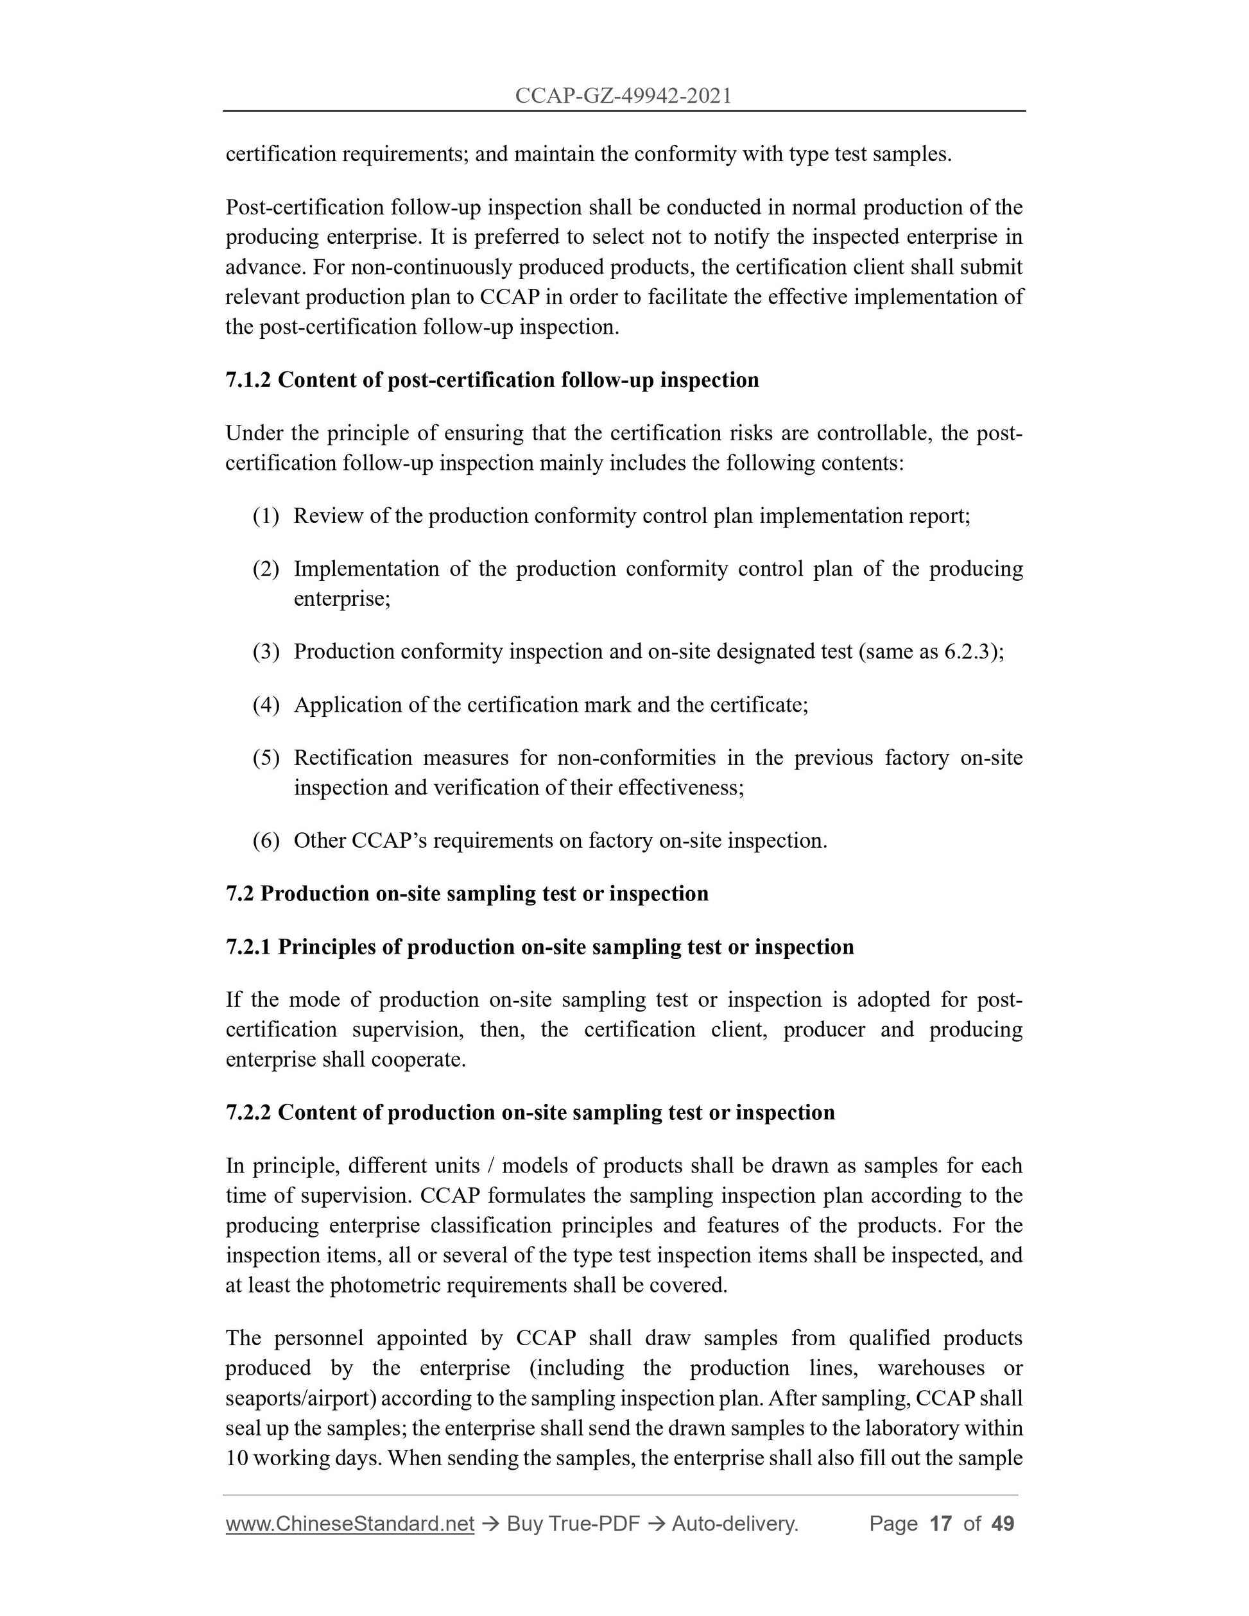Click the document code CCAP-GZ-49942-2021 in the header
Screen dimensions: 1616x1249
coord(623,96)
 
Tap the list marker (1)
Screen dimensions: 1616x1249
coord(266,516)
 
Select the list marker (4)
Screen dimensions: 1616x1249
coord(266,705)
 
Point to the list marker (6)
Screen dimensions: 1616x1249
coord(266,841)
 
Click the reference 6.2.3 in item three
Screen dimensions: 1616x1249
coord(968,652)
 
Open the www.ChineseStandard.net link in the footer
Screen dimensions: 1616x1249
coord(349,1524)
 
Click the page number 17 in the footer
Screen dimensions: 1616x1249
coord(940,1524)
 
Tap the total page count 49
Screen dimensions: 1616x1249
coord(1002,1524)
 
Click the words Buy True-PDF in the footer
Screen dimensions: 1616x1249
coord(573,1524)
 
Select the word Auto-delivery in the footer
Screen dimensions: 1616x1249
coord(734,1524)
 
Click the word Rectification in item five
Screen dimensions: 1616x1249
coord(353,758)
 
